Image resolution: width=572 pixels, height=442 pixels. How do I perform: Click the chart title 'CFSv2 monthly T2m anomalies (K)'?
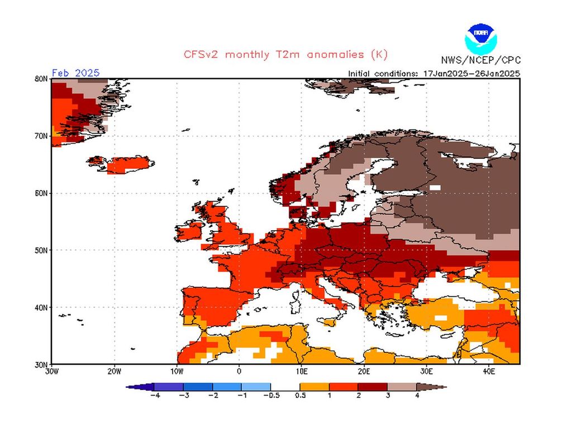coord(285,55)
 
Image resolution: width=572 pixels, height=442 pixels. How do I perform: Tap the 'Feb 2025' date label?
coord(75,73)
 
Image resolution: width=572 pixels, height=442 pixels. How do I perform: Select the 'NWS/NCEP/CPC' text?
coord(480,60)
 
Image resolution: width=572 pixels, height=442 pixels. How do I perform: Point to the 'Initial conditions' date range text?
coord(434,73)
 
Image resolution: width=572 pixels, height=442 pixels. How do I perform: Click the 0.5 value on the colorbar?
coord(300,396)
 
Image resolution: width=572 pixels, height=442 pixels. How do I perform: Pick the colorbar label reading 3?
coord(388,396)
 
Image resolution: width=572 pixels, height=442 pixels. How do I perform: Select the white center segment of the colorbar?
coord(285,386)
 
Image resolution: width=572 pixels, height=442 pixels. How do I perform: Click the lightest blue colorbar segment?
coord(256,386)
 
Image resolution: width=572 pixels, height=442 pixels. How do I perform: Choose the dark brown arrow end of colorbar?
coord(438,386)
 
